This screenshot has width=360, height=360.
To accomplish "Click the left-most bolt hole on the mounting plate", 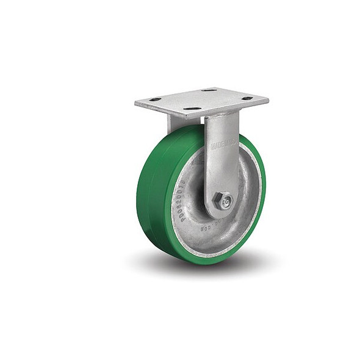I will [155, 99].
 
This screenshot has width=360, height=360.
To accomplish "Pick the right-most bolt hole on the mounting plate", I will [247, 98].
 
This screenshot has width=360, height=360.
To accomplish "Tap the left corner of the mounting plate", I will [136, 104].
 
